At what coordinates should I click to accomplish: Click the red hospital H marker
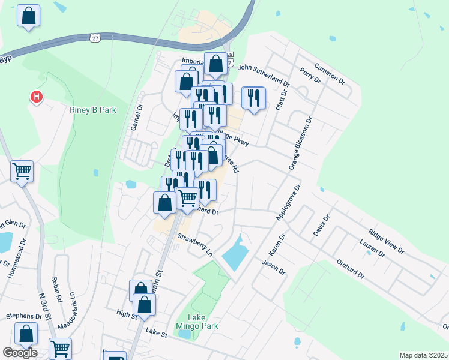[x=37, y=97]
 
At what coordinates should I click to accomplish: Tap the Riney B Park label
[x=92, y=110]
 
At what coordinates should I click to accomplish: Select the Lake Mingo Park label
[x=196, y=322]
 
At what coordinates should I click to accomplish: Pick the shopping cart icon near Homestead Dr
[x=22, y=172]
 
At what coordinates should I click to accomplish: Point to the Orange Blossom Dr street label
[x=301, y=143]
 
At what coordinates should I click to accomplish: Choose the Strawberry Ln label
[x=194, y=245]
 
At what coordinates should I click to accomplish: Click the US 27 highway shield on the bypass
[x=95, y=38]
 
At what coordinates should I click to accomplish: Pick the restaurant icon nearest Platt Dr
[x=253, y=98]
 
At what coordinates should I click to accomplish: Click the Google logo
[x=20, y=353]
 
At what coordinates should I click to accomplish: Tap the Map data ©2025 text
[x=423, y=355]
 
